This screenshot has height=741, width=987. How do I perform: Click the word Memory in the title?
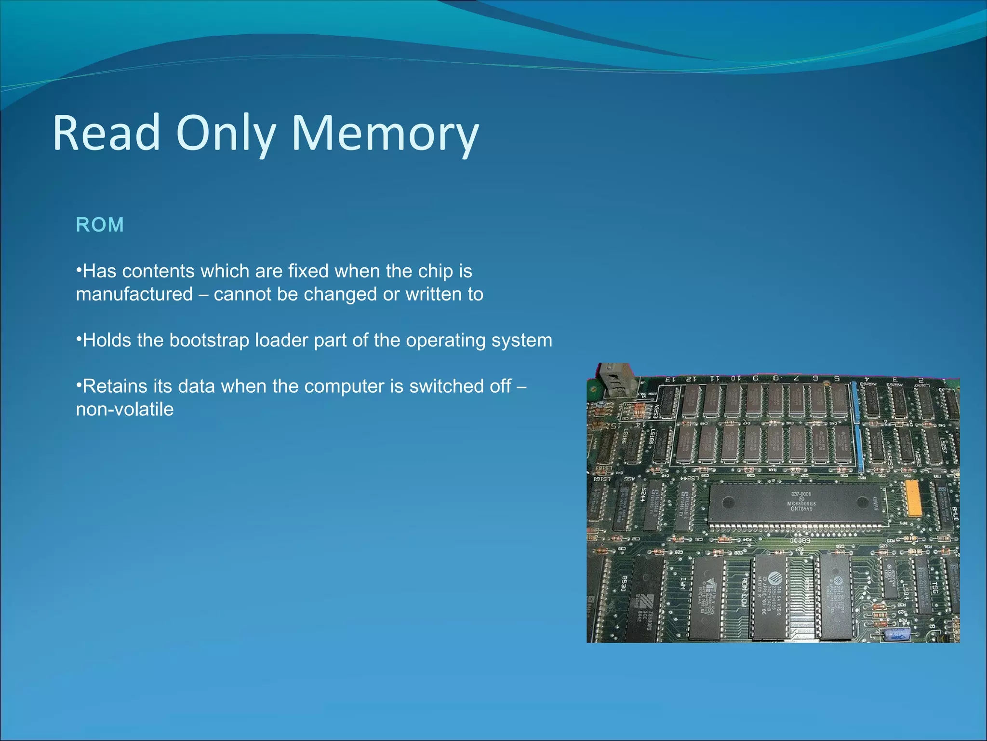385,133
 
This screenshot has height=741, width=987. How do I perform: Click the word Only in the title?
226,133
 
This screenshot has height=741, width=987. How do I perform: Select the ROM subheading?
100,225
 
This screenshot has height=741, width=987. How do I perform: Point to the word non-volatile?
125,409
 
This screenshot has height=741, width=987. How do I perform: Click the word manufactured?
134,294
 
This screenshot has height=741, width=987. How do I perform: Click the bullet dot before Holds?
79,339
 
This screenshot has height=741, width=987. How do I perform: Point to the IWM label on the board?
682,584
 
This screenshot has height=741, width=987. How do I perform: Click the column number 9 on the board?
755,378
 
